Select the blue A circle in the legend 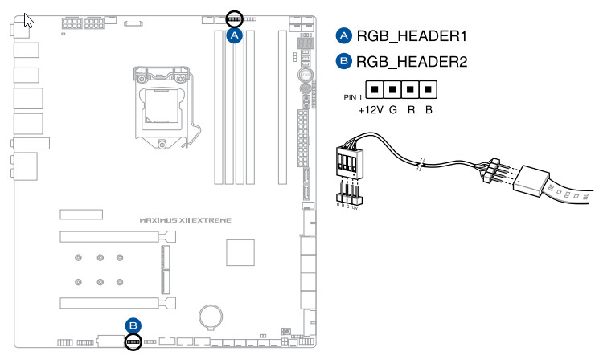tap(343, 36)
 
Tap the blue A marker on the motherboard tap(235, 35)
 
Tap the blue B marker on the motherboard tap(134, 325)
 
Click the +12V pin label tap(371, 108)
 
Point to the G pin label tap(393, 108)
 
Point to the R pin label tap(411, 108)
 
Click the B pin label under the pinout tap(429, 108)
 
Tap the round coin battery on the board tap(211, 314)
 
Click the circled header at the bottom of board tap(134, 343)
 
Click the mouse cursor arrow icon tap(28, 19)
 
